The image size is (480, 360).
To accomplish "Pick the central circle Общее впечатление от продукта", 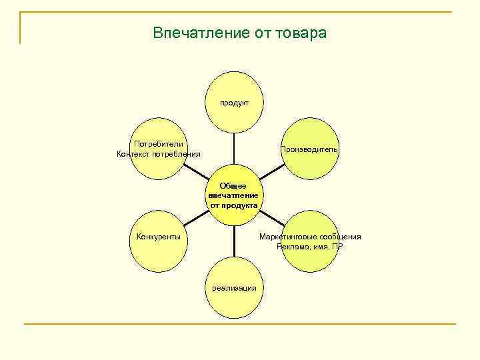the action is pos(234,195).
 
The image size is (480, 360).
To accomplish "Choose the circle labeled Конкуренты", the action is pos(159,237).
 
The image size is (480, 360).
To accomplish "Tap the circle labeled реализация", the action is pos(234,288).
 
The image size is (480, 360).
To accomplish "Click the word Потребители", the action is pos(158,144).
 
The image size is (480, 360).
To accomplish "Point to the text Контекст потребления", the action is pos(158,154).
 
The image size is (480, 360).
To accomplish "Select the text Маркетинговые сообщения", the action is pos(310,237).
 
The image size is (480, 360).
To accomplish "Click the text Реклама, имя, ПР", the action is pos(310,247).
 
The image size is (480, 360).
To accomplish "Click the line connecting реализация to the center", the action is pos(234,242).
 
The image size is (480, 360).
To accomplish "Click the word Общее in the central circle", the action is pos(234,186).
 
